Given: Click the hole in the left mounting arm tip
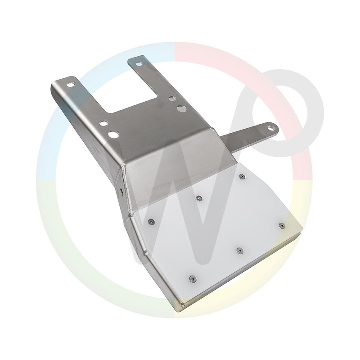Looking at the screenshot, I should click(71, 84).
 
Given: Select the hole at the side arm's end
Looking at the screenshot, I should click(271, 127).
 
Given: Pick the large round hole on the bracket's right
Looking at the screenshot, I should click(181, 108).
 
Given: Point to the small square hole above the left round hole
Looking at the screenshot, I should click(103, 123).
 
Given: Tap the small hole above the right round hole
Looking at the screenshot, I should click(171, 98).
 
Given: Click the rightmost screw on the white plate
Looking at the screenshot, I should click(281, 225).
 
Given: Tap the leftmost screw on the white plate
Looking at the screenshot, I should click(152, 221).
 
